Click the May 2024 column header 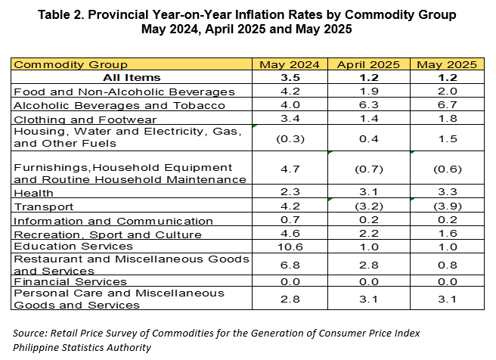(x=290, y=64)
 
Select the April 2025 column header (x=368, y=64)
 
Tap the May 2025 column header (x=447, y=64)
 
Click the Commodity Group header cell (x=70, y=64)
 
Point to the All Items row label (x=132, y=77)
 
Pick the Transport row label (x=44, y=207)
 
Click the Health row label (x=33, y=193)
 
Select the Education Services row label (x=73, y=246)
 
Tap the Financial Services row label (x=70, y=281)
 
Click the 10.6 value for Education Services (x=290, y=247)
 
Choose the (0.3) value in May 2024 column (x=290, y=139)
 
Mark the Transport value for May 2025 (x=448, y=206)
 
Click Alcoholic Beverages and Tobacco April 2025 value (x=369, y=104)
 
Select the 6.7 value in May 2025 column (x=448, y=104)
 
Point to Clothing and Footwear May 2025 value (x=448, y=118)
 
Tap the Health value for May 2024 (x=290, y=191)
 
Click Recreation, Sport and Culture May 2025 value (x=448, y=233)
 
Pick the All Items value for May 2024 (x=290, y=77)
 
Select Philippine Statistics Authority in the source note (x=82, y=347)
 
